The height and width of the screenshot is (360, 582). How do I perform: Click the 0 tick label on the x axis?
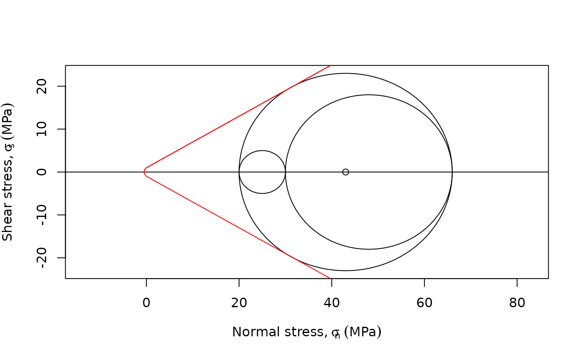coord(146,303)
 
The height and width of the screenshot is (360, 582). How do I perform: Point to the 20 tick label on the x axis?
coord(239,303)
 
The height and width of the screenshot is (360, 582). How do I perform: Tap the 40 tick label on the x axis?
coord(332,303)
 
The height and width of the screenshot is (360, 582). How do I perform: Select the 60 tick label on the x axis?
coord(424,303)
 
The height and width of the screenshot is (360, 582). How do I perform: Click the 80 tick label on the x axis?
coord(517,303)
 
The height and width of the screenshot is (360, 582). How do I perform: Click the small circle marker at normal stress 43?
coord(345,172)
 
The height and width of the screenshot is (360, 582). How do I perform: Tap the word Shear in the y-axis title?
coord(7,226)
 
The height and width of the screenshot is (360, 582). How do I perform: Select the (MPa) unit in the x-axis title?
coord(363,332)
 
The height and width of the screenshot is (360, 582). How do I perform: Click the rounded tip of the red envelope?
coord(144,172)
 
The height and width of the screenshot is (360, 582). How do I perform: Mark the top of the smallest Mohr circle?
coord(262,150)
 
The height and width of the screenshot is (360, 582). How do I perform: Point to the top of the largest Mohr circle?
coord(345,74)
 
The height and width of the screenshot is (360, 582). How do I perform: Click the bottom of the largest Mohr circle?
coord(345,271)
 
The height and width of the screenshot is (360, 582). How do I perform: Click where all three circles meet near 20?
coord(239,172)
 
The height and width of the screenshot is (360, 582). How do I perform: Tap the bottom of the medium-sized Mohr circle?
coord(369,249)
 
